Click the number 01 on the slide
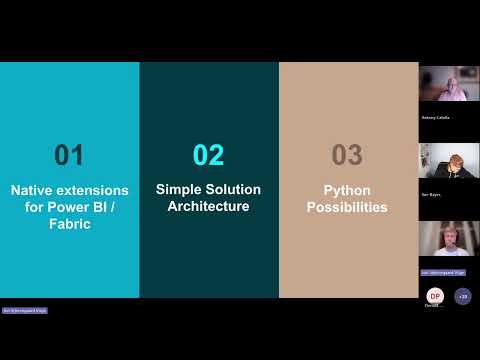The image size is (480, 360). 69,155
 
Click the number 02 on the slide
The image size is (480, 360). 208,155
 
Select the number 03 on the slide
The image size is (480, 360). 347,155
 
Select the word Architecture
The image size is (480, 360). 208,207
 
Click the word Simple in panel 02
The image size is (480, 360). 178,188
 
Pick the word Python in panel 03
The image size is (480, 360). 347,189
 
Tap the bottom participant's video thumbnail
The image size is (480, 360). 448,240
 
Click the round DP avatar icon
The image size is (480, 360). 434,296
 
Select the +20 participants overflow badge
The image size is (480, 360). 461,296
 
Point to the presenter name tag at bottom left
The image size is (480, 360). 25,311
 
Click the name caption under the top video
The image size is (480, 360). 436,117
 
